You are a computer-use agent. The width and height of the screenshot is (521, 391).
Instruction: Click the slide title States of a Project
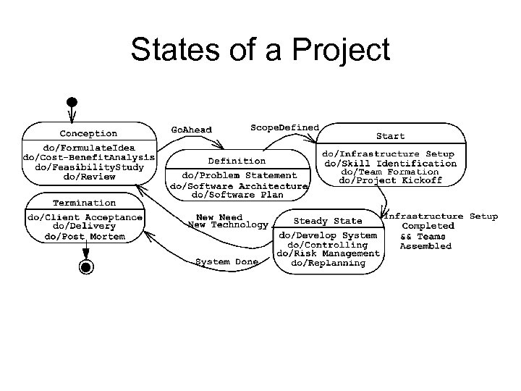pyautogui.click(x=260, y=50)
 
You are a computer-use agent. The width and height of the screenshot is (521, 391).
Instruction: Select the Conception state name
pyautogui.click(x=88, y=133)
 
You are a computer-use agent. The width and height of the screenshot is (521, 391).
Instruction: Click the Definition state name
pyautogui.click(x=237, y=161)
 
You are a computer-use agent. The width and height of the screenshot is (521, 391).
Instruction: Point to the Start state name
pyautogui.click(x=390, y=136)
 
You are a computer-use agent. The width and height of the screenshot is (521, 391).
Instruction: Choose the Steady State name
pyautogui.click(x=328, y=221)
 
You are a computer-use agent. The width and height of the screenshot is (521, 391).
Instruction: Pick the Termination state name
pyautogui.click(x=84, y=203)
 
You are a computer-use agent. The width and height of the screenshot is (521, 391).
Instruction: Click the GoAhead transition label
pyautogui.click(x=191, y=130)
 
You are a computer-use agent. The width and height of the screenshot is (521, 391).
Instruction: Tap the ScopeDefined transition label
pyautogui.click(x=284, y=127)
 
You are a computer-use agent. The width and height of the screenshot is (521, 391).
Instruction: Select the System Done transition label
pyautogui.click(x=223, y=261)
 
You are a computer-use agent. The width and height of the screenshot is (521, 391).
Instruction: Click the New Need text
pyautogui.click(x=220, y=217)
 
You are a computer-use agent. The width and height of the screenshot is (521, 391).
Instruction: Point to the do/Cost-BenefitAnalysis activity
pyautogui.click(x=89, y=157)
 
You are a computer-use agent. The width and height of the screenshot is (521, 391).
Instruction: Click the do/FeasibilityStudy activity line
pyautogui.click(x=89, y=167)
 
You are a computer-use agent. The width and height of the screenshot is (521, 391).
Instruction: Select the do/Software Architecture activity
pyautogui.click(x=238, y=185)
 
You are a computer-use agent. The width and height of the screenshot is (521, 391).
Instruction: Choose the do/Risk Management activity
pyautogui.click(x=328, y=253)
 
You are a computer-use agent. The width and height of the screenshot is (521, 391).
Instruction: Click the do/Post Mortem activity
pyautogui.click(x=85, y=236)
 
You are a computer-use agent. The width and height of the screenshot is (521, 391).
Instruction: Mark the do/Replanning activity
pyautogui.click(x=328, y=263)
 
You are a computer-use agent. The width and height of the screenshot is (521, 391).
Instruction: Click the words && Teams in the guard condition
pyautogui.click(x=423, y=237)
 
